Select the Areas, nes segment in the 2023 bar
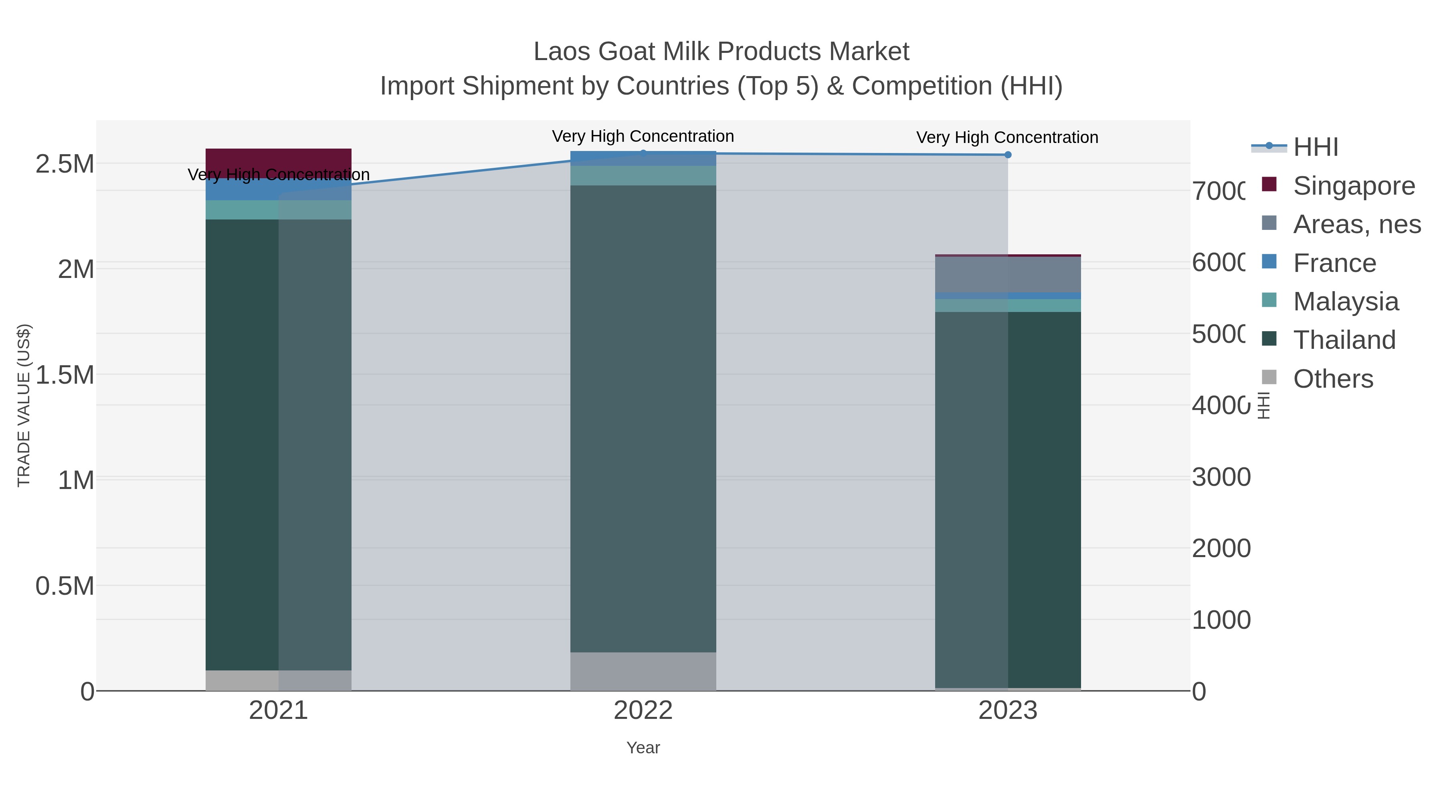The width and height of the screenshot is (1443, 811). (1007, 274)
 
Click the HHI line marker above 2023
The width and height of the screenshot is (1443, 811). (1007, 155)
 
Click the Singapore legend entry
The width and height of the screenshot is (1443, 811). (1353, 185)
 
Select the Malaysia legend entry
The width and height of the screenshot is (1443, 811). (1346, 301)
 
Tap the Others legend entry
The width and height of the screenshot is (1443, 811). (1333, 378)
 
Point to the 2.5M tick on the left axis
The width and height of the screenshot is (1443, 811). (65, 164)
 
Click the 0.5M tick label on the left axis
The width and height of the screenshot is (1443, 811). (65, 586)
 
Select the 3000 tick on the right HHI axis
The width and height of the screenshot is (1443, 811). (1221, 477)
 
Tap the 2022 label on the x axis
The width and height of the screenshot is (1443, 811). (643, 710)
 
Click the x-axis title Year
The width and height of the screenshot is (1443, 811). (643, 747)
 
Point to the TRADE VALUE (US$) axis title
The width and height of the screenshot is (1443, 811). (24, 404)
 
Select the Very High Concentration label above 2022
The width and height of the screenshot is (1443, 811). (643, 136)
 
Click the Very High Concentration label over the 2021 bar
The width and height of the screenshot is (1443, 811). (279, 175)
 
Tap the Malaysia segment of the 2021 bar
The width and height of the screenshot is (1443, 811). (279, 209)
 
